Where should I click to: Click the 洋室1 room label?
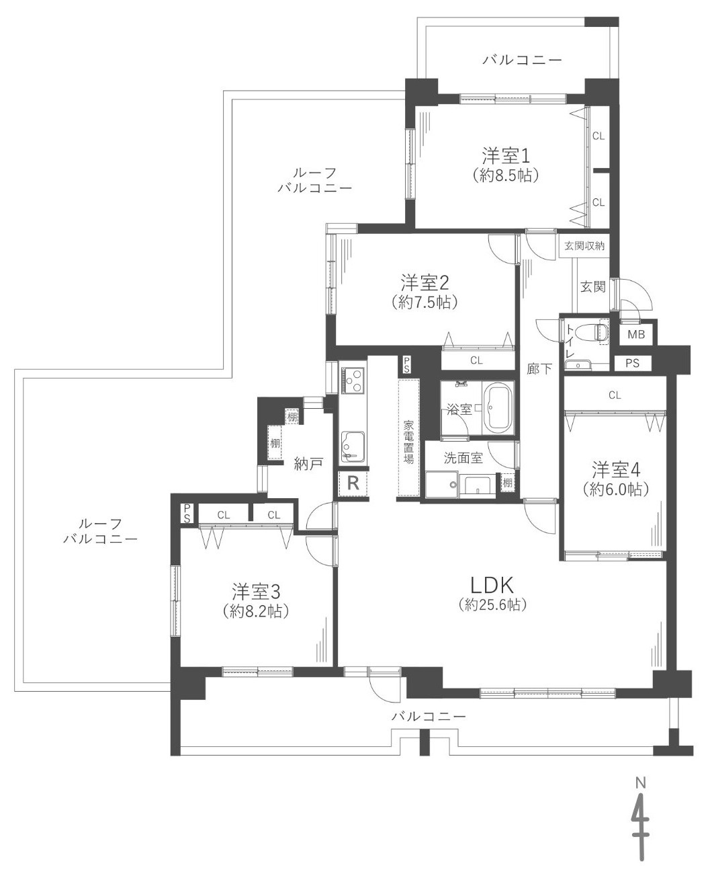pos(506,156)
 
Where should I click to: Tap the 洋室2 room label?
pos(425,283)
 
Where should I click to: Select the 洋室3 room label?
pos(256,591)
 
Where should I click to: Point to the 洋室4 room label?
pos(617,469)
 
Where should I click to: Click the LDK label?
pos(492,586)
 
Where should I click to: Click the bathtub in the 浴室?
pos(498,407)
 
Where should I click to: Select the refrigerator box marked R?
pos(353,483)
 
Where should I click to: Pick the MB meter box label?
pos(636,334)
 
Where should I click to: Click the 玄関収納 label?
pos(584,246)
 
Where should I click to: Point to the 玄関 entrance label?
pos(593,286)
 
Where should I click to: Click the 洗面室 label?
pos(463,458)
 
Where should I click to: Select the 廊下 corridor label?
pos(540,369)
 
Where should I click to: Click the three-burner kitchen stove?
pos(353,381)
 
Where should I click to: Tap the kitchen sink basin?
pos(353,448)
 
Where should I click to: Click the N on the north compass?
pos(641,783)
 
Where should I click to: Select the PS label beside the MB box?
pos(632,363)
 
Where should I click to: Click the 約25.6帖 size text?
pos(492,604)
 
